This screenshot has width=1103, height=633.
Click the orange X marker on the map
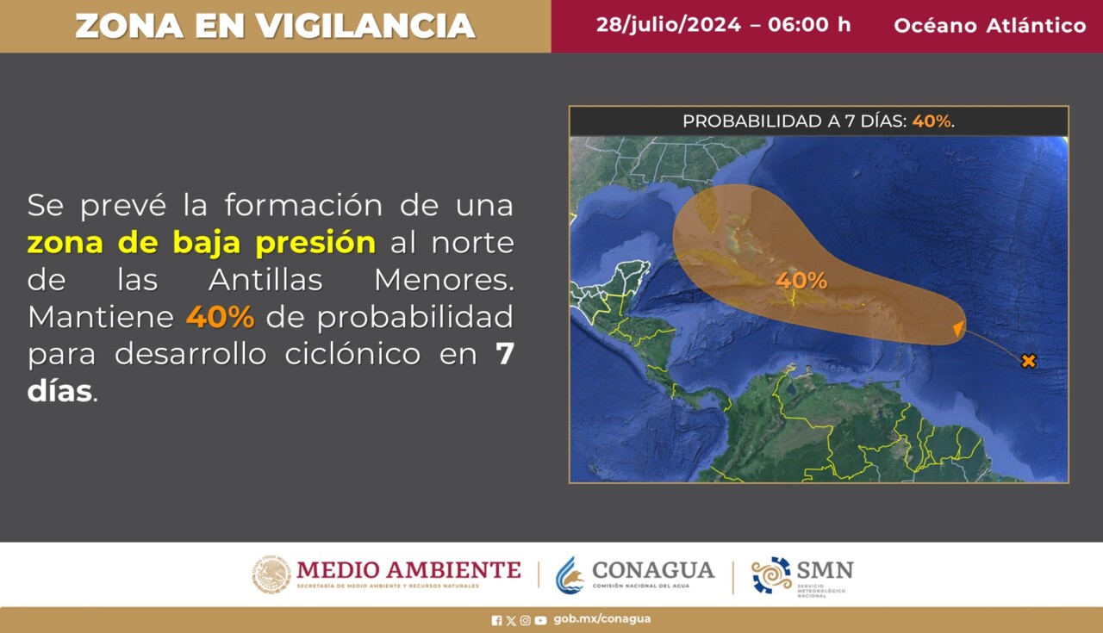point(1029,361)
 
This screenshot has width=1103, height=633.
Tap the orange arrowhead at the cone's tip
point(959,328)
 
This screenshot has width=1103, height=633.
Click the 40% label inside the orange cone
point(801,281)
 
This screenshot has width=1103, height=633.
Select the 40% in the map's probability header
point(932,121)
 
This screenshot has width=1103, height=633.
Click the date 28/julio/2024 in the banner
point(669,25)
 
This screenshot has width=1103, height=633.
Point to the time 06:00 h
point(809,24)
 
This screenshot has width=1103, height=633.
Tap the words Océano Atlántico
point(990,26)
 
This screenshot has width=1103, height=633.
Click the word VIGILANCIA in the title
point(365,26)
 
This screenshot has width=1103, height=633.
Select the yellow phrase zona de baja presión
point(202,243)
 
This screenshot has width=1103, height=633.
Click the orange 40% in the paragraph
point(220,317)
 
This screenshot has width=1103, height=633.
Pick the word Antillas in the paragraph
point(266,280)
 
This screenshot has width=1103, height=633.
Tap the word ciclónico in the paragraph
point(352,353)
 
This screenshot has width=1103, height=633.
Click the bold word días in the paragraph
point(59,391)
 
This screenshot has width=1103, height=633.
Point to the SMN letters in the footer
point(826,570)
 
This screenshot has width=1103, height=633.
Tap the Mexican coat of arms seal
point(271,574)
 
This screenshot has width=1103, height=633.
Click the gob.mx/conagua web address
point(601,619)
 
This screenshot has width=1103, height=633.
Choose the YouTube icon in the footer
point(540,620)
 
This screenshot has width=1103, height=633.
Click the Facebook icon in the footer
point(496,620)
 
